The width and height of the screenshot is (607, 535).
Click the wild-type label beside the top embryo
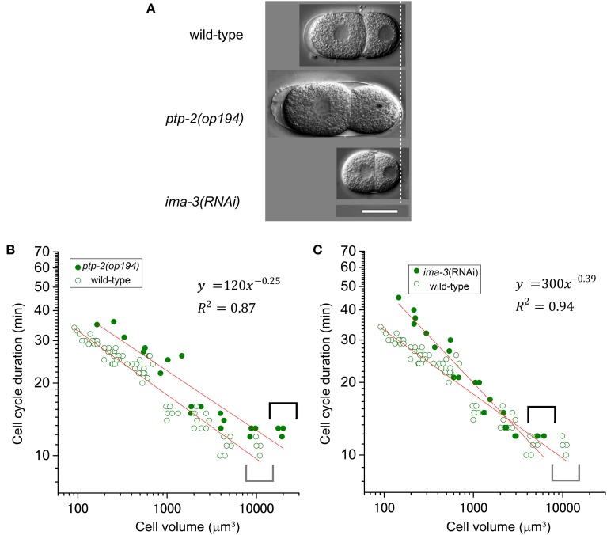pos(215,35)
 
